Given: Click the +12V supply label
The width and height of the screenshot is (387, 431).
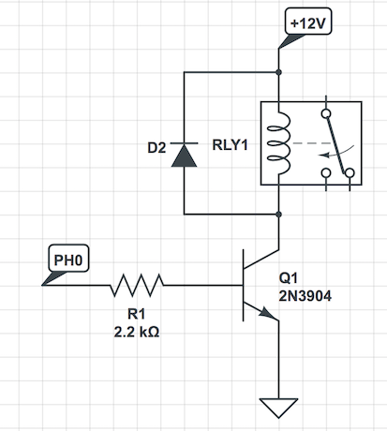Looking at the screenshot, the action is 308,22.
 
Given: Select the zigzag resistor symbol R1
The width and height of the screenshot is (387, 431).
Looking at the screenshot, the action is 137,285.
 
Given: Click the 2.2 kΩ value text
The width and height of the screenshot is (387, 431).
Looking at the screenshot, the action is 137,332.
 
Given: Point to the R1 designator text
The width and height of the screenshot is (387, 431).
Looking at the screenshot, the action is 137,314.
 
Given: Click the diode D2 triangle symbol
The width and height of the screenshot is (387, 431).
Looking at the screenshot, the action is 184,155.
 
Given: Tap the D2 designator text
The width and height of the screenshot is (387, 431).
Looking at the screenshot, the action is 156,148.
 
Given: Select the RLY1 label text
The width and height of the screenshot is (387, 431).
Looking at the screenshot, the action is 230,145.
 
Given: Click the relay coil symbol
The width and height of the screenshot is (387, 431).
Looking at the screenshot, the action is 279,143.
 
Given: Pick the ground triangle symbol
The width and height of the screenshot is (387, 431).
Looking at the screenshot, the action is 278,408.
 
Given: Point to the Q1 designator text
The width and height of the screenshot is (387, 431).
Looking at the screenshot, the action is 288,278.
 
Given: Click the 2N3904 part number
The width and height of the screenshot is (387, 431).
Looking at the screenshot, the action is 305,296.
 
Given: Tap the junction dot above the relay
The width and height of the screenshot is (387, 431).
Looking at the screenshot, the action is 279,72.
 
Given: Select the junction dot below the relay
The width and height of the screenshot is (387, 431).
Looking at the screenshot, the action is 279,215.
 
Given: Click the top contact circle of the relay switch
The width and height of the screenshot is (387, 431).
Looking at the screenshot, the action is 326,113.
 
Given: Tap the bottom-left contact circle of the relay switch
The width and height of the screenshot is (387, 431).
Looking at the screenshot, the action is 326,172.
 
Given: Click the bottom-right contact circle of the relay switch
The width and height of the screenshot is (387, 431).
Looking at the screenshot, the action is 350,172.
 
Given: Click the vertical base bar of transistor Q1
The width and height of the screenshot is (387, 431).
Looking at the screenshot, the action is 244,285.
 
